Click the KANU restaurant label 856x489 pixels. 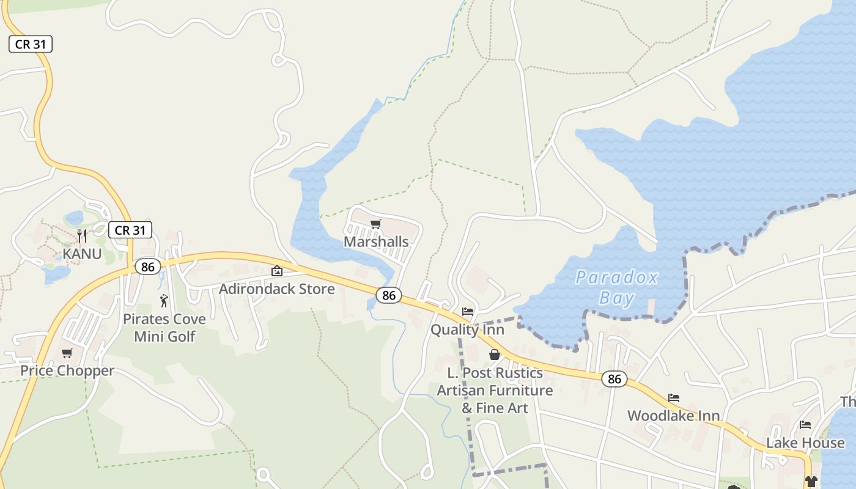click(82, 253)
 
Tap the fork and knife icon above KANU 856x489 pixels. click(82, 236)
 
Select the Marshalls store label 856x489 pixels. click(376, 241)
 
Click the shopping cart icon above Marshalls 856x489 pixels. click(376, 224)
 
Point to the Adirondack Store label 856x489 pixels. click(277, 289)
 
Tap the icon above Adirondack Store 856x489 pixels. click(277, 271)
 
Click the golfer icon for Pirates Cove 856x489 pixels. click(164, 300)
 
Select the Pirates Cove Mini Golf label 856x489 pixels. click(164, 328)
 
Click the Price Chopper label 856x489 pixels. click(67, 370)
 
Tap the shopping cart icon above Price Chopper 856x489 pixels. click(67, 353)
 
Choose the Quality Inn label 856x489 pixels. click(467, 330)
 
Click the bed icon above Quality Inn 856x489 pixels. click(468, 312)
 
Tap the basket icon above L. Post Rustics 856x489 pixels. click(495, 355)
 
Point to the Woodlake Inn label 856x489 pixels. click(673, 416)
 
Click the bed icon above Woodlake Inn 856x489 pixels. click(674, 398)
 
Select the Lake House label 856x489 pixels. click(805, 443)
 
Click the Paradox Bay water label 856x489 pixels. click(616, 287)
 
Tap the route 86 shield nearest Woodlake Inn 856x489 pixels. click(614, 379)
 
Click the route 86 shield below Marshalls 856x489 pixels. click(389, 295)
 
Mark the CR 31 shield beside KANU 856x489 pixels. click(130, 230)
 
